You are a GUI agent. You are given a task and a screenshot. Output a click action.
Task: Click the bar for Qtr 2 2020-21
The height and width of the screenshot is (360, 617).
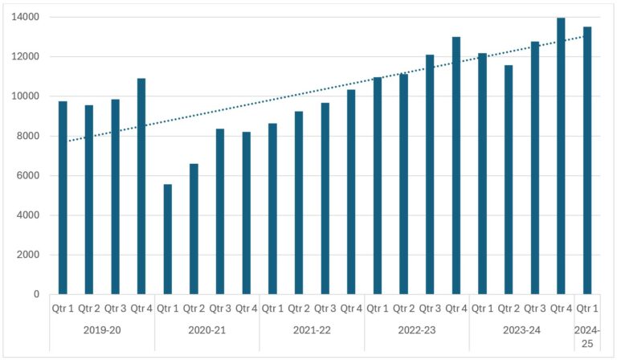pos(194,229)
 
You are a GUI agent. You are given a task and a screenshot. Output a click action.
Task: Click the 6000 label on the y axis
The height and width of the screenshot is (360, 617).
pos(27,176)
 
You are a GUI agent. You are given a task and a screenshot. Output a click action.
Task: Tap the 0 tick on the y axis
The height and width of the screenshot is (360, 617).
pos(36,295)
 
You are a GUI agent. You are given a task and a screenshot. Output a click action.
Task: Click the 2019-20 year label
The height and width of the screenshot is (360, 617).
pos(101,329)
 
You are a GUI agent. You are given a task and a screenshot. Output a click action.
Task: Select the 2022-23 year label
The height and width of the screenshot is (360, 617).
pos(416,329)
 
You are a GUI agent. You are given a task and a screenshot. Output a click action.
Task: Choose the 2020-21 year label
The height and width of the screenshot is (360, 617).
pos(206,329)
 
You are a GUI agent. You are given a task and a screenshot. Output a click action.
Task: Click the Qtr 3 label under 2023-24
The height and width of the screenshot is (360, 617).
pos(534,309)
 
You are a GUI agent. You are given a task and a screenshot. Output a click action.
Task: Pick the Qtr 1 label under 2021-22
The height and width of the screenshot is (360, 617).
pos(272,309)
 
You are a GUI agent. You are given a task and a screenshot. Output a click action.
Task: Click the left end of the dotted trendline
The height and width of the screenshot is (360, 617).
pos(69,141)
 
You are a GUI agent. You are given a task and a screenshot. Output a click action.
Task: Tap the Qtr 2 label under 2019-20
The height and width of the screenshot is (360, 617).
pos(88,309)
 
